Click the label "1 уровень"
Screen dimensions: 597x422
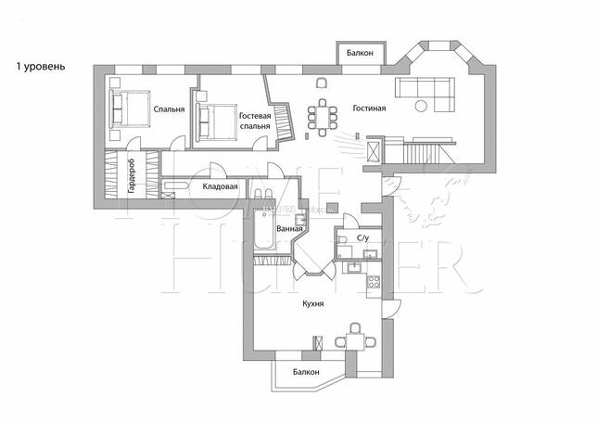point(41,67)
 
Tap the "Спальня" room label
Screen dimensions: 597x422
point(169,109)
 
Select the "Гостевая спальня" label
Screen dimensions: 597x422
point(255,121)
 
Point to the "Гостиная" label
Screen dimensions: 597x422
point(369,109)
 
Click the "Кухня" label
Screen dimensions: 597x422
point(313,304)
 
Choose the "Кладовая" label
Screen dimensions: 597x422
point(220,186)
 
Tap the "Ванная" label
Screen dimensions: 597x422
point(289,228)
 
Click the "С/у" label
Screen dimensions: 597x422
point(362,238)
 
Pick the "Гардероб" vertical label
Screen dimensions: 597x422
point(132,175)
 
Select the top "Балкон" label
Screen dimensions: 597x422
point(360,53)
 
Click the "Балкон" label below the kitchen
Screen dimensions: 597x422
point(306,372)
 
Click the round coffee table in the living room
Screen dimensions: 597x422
point(421,106)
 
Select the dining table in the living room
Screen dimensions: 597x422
point(323,117)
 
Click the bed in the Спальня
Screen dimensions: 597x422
point(129,109)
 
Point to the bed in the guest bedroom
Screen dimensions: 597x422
point(216,122)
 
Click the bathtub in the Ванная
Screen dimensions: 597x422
point(264,230)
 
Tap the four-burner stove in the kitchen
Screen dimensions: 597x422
point(373,281)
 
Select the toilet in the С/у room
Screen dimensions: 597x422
point(342,239)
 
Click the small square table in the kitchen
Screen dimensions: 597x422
point(356,341)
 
